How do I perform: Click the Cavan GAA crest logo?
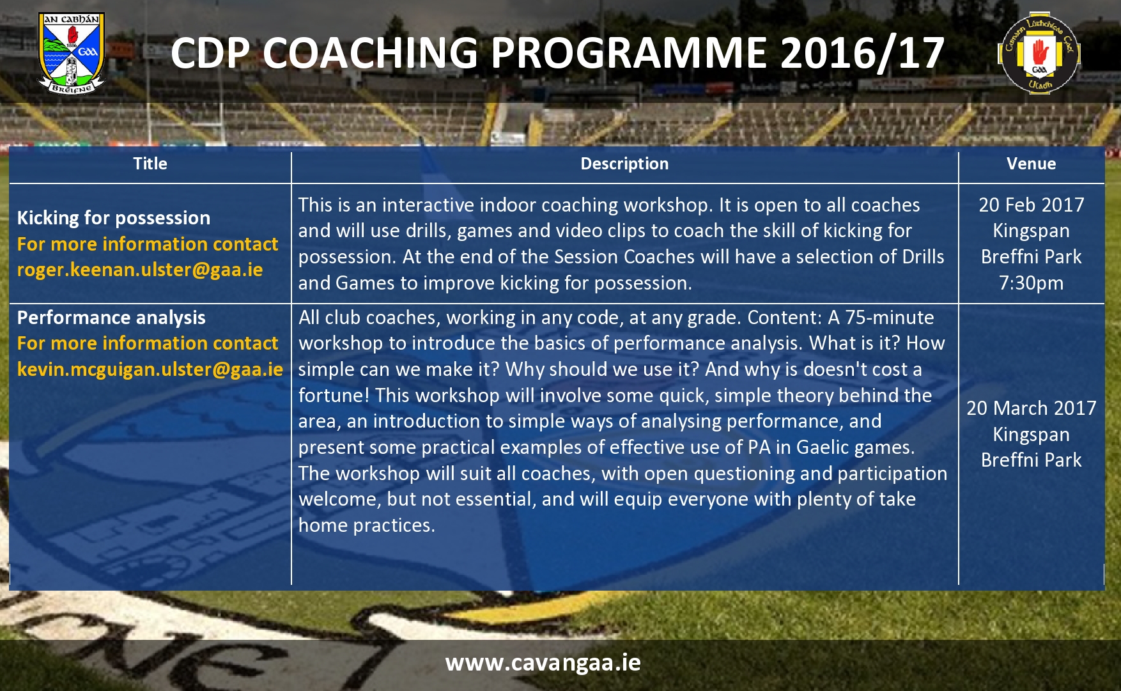tap(72, 53)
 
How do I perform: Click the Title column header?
tap(150, 164)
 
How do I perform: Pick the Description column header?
tap(624, 164)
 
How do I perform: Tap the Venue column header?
tap(1031, 164)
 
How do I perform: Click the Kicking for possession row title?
tap(114, 218)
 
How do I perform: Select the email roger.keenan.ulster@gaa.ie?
tap(140, 270)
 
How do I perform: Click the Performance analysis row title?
tap(111, 318)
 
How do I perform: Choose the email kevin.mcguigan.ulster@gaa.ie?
tap(150, 369)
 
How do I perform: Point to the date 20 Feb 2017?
tap(1032, 205)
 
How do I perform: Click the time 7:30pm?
tap(1032, 283)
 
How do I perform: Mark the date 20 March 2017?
tap(1032, 408)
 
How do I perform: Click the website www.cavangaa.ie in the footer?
tap(543, 663)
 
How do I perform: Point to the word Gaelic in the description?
tap(823, 447)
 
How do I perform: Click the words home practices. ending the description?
tap(367, 525)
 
